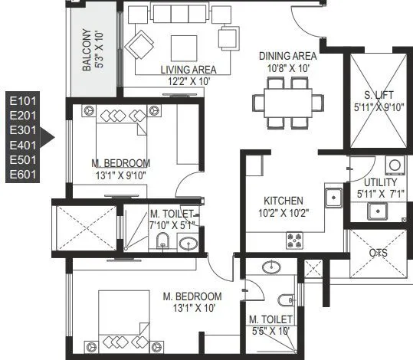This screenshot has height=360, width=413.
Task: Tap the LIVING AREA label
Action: [x=186, y=69]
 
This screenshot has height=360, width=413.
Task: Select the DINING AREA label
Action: [x=287, y=56]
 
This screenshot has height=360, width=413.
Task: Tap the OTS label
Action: [x=379, y=254]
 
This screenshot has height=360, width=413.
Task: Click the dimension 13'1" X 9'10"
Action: [x=120, y=175]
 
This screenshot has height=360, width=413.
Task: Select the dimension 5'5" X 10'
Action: [x=270, y=331]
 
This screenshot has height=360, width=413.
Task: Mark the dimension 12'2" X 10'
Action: [x=186, y=80]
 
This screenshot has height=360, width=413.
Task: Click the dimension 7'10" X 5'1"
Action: [x=174, y=224]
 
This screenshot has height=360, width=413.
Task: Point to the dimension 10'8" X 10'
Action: [x=287, y=67]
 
